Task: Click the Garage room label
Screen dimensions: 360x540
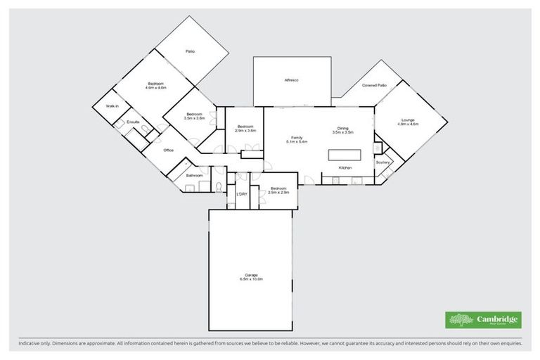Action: (x=251, y=274)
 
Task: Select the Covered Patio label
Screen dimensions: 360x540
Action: (x=374, y=85)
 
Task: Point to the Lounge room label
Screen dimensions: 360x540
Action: (x=409, y=120)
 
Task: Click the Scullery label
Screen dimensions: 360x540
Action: (x=383, y=162)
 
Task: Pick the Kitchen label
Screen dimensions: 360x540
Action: (x=345, y=168)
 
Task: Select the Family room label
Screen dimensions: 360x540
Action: (x=293, y=137)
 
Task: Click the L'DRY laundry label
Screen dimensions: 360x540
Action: (x=242, y=193)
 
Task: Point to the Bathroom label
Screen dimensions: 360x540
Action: (x=195, y=175)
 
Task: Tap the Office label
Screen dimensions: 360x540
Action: (x=169, y=150)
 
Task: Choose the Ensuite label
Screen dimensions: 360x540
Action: (x=133, y=123)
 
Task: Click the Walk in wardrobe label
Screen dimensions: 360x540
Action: (x=112, y=105)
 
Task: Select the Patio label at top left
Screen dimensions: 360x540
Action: (x=190, y=51)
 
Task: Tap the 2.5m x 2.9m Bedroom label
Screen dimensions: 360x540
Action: (x=279, y=190)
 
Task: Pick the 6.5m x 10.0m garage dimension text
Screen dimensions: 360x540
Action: (x=251, y=279)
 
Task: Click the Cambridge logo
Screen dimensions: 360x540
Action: (x=483, y=320)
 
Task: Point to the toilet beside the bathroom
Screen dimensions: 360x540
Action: (x=219, y=188)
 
